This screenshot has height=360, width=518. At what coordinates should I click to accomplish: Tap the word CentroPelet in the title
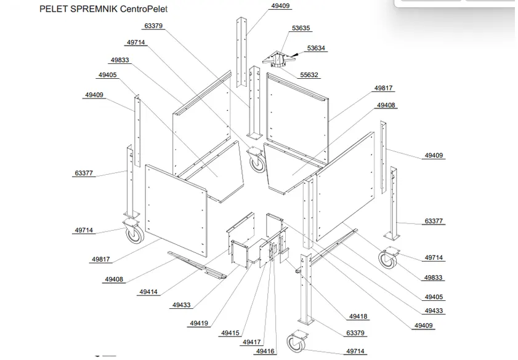click(x=144, y=9)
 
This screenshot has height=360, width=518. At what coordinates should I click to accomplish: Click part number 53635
click(x=301, y=28)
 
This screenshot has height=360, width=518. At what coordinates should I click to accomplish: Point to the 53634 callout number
click(x=316, y=48)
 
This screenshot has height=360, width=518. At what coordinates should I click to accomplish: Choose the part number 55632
click(x=309, y=75)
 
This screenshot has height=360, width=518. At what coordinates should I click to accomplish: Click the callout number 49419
click(x=198, y=323)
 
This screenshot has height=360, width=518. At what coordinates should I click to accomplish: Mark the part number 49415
click(x=229, y=333)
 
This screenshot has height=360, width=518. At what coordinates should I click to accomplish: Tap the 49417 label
click(x=251, y=342)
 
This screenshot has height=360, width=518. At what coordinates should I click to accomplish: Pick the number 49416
click(x=265, y=351)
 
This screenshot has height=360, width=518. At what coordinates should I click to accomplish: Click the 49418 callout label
click(x=358, y=316)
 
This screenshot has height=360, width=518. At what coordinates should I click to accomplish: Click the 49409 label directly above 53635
click(x=280, y=6)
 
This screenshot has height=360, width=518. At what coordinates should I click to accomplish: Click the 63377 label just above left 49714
click(x=84, y=174)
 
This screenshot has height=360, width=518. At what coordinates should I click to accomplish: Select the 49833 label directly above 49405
click(x=119, y=60)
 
